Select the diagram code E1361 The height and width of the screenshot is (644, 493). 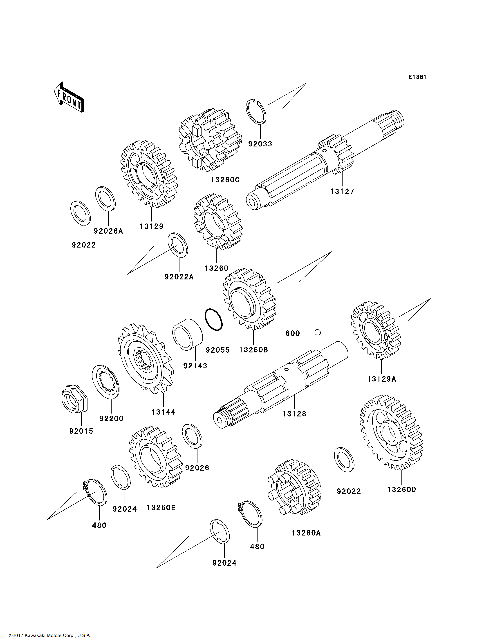417,77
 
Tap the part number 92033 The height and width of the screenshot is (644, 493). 260,144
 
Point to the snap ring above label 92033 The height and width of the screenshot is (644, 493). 256,112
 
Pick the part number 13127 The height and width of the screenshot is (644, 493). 342,191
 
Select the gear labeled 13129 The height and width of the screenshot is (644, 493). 149,174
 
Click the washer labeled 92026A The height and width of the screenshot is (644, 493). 105,198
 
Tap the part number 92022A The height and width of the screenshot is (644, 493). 179,277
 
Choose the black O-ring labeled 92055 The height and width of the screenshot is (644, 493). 214,319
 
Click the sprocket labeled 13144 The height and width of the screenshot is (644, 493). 146,359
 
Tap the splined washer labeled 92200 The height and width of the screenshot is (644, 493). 106,382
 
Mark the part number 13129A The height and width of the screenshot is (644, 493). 381,379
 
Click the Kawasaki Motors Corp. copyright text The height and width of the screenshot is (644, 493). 50,635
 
